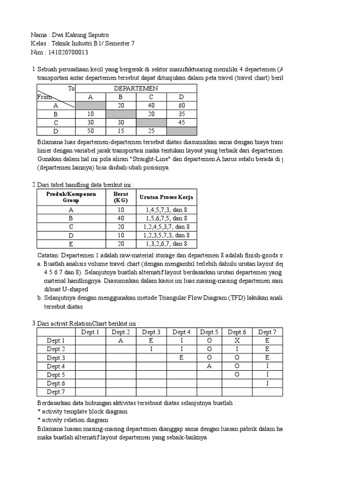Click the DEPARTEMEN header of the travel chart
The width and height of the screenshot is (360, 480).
[136, 88]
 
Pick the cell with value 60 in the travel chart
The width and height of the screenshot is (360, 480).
[182, 105]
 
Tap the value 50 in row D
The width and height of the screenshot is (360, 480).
[90, 131]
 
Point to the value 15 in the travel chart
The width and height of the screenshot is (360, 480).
[121, 131]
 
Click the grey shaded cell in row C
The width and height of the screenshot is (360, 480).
[151, 122]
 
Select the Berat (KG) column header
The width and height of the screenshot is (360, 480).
[120, 197]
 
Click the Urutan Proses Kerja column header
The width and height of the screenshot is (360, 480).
[166, 197]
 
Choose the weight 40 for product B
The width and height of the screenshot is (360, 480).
[120, 218]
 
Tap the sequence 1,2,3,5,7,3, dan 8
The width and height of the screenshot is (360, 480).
[166, 235]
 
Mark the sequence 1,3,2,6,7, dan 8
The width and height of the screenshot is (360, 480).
[166, 244]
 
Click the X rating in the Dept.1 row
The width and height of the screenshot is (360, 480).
[238, 341]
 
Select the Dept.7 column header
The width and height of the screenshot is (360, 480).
[268, 332]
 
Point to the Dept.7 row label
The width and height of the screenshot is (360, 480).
[56, 391]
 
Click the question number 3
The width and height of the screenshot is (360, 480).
[33, 323]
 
